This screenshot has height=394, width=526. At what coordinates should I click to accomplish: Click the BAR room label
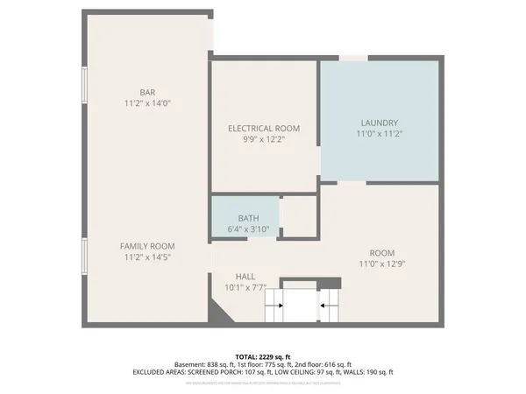click(147, 92)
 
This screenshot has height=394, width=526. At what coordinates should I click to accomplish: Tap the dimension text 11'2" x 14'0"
click(147, 103)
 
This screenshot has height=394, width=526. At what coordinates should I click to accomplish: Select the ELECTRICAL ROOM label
click(264, 128)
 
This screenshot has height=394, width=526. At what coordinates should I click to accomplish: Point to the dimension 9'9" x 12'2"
click(264, 139)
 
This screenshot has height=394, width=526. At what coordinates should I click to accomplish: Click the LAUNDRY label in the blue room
click(380, 123)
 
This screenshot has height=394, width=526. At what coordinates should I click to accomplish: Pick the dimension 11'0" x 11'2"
click(380, 134)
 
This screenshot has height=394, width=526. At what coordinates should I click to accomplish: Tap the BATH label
click(248, 218)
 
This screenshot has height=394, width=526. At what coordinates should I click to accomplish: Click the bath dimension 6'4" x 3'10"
click(248, 229)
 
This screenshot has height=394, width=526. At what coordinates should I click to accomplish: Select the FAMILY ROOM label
click(147, 246)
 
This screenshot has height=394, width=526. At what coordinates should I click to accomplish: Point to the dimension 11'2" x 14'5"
click(147, 257)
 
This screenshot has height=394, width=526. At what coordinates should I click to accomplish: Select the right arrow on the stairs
click(329, 306)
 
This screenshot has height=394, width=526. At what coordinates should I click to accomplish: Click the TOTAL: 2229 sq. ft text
click(263, 356)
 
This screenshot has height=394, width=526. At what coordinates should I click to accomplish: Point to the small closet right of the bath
click(299, 216)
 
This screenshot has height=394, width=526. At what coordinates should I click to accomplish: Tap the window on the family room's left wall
click(85, 257)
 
